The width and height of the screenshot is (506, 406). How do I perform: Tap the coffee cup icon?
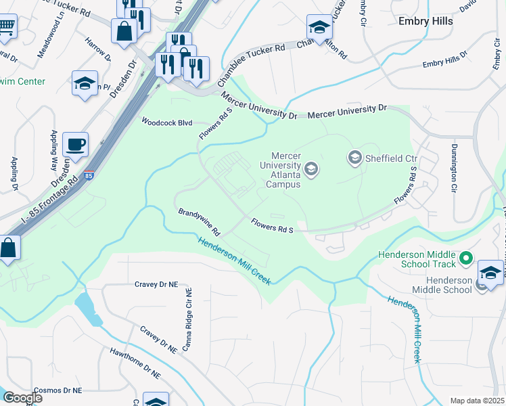pos(75,143)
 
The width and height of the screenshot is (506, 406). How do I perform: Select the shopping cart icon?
pos(6,27)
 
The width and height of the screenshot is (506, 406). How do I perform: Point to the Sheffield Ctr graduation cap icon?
pos(354,158)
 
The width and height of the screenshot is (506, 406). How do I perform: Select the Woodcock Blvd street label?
pos(167,122)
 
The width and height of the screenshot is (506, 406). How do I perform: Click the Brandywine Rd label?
pos(200,222)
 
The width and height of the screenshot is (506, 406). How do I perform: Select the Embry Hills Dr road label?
pos(445,60)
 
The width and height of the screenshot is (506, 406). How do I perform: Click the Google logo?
pos(22,398)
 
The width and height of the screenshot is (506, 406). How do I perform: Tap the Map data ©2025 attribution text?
pos(476,401)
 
